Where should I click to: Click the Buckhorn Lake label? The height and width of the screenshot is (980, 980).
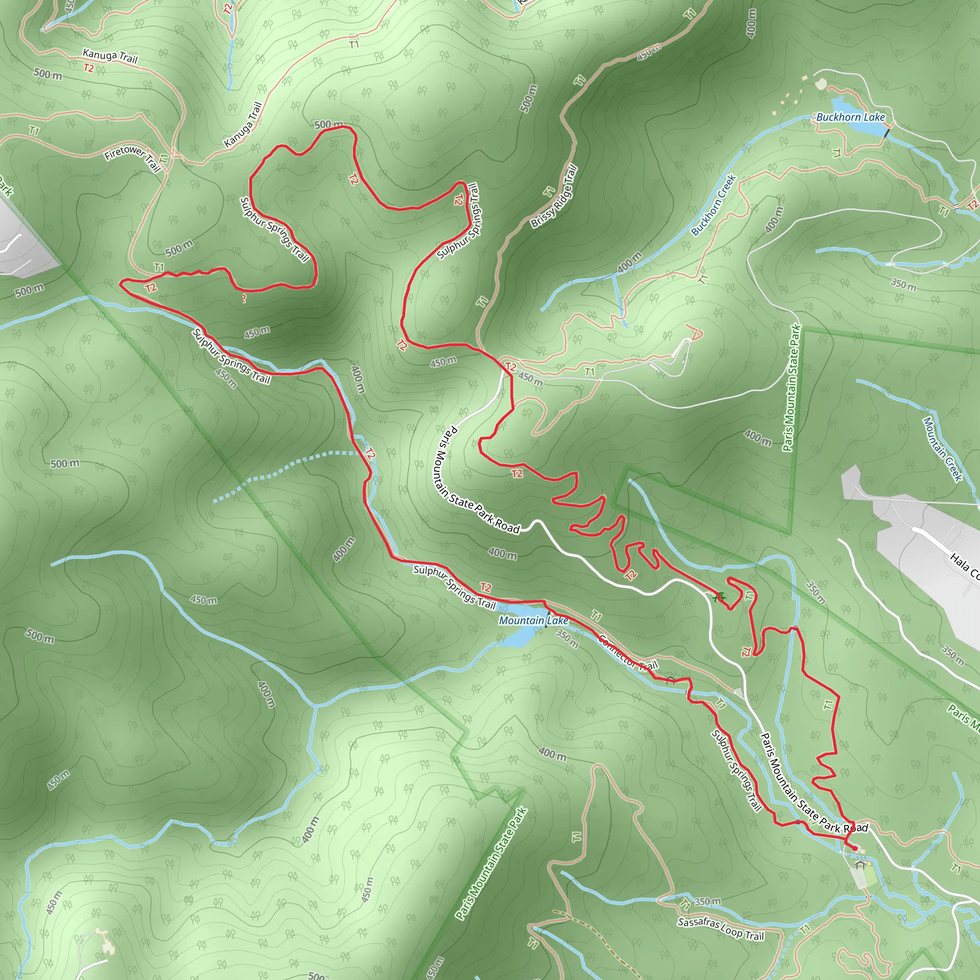click(850, 117)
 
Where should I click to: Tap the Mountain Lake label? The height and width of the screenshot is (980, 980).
click(533, 620)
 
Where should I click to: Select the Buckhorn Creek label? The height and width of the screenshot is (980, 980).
click(713, 205)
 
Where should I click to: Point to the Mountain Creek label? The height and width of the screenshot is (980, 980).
click(942, 448)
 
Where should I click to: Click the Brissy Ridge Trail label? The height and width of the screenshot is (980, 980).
click(554, 196)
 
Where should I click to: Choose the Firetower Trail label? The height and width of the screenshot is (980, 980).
click(133, 157)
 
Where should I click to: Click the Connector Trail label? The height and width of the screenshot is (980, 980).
click(627, 653)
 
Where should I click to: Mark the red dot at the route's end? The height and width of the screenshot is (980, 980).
click(855, 848)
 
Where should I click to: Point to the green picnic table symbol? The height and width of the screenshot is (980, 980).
click(718, 597)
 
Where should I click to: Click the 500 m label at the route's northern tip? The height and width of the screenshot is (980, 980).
click(328, 124)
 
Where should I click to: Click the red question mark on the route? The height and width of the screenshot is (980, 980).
click(244, 299)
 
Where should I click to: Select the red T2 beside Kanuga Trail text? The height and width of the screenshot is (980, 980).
click(89, 68)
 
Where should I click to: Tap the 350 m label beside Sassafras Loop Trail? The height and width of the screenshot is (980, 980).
click(707, 902)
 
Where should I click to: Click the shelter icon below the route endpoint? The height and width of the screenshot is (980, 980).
click(859, 864)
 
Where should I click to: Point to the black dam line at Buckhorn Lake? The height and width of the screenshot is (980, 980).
click(886, 133)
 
